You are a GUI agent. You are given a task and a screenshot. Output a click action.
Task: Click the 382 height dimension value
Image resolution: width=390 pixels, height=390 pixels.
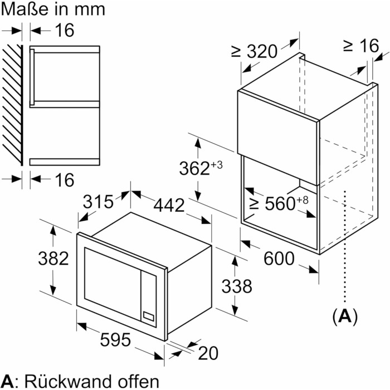coord(53,259)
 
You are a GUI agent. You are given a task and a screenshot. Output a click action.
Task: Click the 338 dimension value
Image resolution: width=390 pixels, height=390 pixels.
coord(236,286)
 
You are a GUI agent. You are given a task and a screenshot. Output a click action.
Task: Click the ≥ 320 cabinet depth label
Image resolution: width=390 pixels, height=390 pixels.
coord(254,52)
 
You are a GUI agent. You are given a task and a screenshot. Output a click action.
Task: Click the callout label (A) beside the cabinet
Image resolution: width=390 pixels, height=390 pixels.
coord(345,316)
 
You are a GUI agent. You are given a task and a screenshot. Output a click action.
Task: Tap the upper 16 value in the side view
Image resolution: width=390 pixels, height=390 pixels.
coord(65,30)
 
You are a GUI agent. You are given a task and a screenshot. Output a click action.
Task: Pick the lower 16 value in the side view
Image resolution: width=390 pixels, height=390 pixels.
coord(65,180)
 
